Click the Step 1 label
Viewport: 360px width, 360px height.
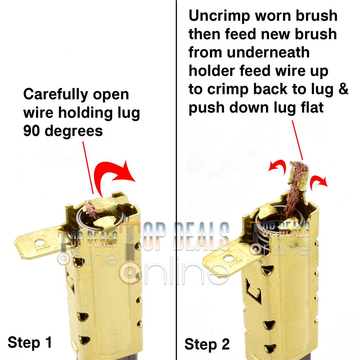30,342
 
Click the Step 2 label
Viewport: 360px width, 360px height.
207,345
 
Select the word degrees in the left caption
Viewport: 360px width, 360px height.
74,131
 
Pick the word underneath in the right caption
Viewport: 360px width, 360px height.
268,52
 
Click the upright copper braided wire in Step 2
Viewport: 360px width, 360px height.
291,198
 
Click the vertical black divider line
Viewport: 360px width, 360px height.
176,180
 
